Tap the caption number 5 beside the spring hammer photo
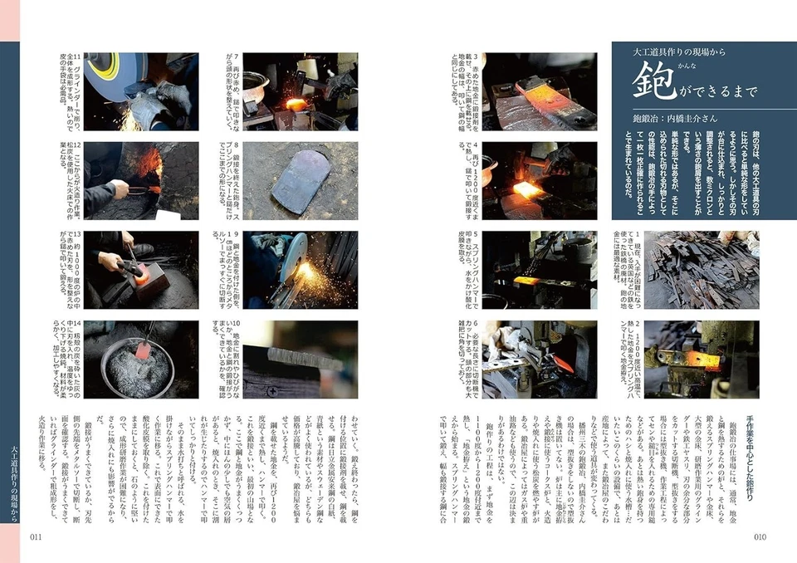(471, 235)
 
